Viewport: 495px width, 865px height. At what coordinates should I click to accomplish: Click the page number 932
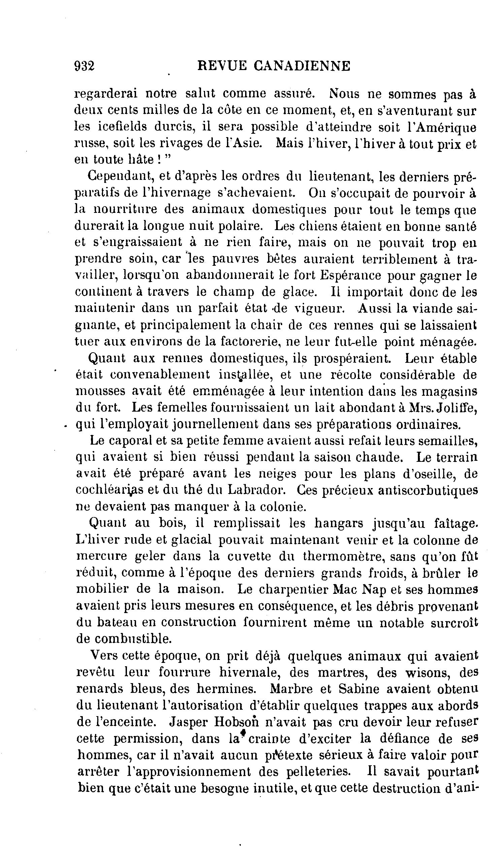84,65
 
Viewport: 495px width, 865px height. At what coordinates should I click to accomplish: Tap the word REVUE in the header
222,65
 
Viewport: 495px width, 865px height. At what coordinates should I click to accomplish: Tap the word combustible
123,639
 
